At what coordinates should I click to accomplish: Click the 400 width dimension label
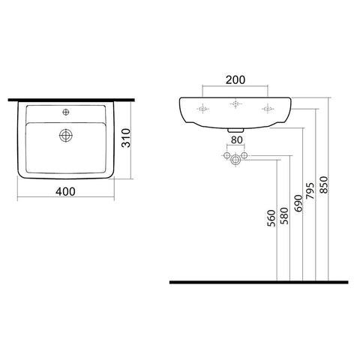coord(65,192)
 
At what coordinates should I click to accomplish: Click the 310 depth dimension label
coord(126,138)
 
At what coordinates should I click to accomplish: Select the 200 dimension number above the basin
coord(235,80)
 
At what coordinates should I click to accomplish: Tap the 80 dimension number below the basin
coord(236,140)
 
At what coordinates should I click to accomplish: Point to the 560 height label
coord(271,218)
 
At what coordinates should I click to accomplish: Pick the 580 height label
coord(284,216)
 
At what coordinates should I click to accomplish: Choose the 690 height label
coord(298,203)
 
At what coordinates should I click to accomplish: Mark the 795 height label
coord(310,190)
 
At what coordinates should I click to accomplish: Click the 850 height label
coord(324,184)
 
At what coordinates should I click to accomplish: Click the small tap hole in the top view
coord(66,112)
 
